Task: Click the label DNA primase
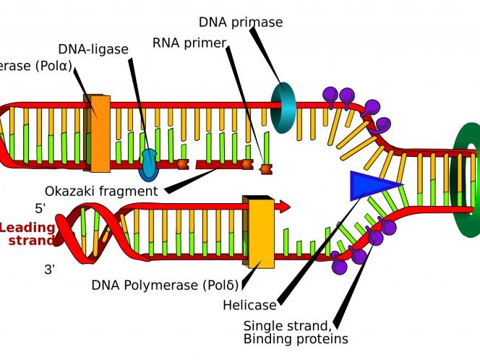240,22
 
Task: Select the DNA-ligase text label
93,49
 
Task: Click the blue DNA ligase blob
148,165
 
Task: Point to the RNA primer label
189,42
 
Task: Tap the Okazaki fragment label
100,192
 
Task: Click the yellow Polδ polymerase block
261,232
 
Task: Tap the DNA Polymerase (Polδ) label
165,285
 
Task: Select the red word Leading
27,228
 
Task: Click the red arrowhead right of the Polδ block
283,207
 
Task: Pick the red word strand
30,241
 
